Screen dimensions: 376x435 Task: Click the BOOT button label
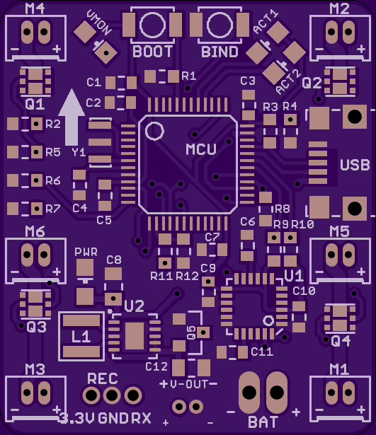tap(152, 52)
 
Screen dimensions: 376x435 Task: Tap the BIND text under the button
tap(220, 52)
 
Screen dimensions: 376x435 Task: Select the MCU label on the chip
tap(201, 149)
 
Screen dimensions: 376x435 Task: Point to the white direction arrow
tap(72, 117)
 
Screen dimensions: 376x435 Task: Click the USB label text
tap(355, 165)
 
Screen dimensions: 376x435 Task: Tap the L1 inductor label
tap(81, 337)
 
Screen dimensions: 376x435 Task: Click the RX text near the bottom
tap(141, 418)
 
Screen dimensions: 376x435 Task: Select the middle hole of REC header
tap(112, 395)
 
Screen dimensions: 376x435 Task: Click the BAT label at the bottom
tap(263, 422)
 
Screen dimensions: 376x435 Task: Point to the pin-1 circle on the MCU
tap(154, 131)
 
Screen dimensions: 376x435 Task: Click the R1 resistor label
tap(189, 76)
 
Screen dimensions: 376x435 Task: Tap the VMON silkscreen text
tap(99, 22)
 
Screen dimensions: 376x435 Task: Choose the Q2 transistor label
tap(312, 83)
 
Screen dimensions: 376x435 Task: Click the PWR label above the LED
tap(86, 252)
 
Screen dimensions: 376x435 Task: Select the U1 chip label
tap(294, 275)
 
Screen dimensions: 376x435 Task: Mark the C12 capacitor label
tap(156, 367)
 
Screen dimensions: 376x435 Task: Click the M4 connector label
tap(35, 9)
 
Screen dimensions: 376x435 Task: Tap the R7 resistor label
tap(53, 209)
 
